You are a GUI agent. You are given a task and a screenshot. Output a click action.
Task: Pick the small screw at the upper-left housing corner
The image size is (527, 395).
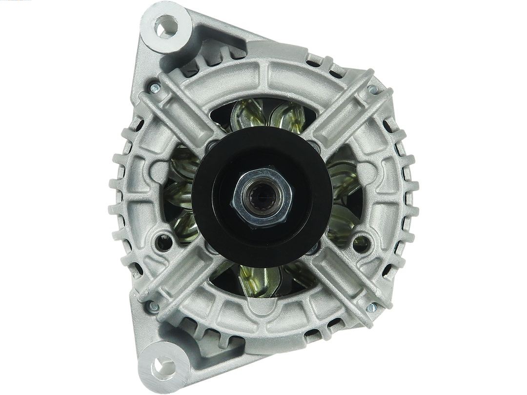[x=154, y=88]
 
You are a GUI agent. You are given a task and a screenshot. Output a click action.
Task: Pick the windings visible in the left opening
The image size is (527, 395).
[x=183, y=195]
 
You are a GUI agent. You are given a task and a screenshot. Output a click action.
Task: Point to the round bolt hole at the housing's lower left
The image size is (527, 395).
[x=164, y=241]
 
